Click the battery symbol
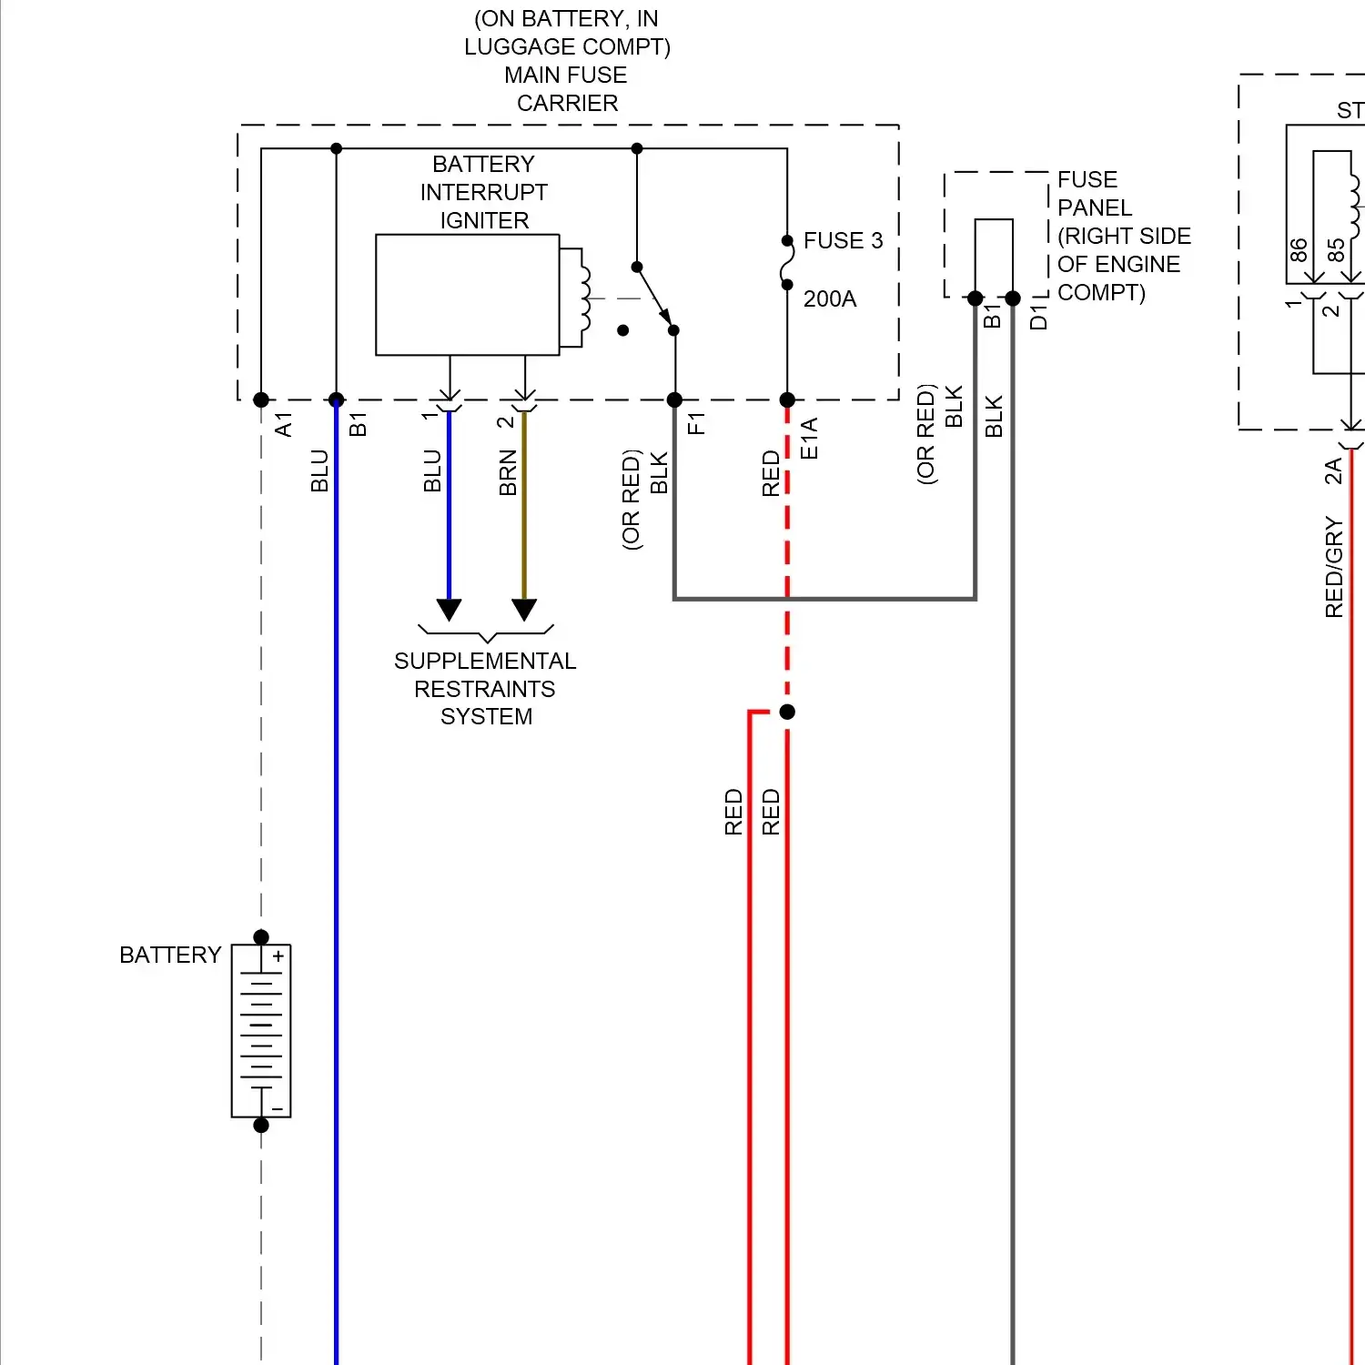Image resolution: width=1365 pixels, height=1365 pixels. click(x=261, y=1030)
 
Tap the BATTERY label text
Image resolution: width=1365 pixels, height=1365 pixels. click(x=170, y=955)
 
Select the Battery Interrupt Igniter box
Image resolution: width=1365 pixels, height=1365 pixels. click(x=467, y=295)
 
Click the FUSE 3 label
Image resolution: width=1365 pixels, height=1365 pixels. click(x=843, y=240)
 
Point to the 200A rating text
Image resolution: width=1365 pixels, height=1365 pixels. click(x=830, y=298)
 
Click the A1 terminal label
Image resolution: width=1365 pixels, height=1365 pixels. click(x=284, y=424)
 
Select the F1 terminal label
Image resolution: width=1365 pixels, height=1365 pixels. click(x=697, y=423)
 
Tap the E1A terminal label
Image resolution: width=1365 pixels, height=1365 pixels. click(x=809, y=438)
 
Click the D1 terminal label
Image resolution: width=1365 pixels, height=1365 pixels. click(x=1038, y=318)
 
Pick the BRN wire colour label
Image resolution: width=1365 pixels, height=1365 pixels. click(x=508, y=473)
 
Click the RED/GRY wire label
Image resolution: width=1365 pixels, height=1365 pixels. click(x=1334, y=567)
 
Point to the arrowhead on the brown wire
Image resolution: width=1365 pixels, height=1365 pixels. click(x=524, y=610)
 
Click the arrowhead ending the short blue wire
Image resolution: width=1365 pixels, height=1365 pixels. click(x=449, y=610)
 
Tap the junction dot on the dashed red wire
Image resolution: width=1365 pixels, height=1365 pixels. click(x=787, y=712)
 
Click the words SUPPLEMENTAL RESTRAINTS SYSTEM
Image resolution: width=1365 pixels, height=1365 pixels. click(x=485, y=688)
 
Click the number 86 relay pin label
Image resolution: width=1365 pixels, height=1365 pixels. click(x=1299, y=249)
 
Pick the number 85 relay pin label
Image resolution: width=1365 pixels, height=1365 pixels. click(x=1336, y=249)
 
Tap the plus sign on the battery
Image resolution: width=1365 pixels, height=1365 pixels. click(x=278, y=956)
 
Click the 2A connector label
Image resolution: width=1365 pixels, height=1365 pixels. click(x=1333, y=470)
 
